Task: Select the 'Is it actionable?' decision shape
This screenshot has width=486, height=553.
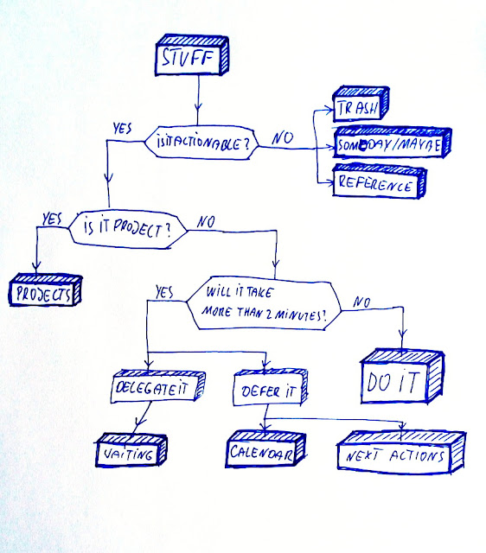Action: [x=204, y=143]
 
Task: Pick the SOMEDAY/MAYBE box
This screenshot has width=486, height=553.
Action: [x=388, y=147]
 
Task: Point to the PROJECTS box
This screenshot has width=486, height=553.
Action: [x=43, y=292]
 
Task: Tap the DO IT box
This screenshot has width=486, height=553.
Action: [x=401, y=378]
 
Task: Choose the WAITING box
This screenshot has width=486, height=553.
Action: [x=128, y=449]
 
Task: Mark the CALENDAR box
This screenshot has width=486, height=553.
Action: [x=265, y=450]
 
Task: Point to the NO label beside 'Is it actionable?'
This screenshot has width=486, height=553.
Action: [x=282, y=136]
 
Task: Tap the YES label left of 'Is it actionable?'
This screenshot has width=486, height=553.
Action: [x=123, y=130]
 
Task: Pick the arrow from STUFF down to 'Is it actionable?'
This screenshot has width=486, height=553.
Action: [x=200, y=99]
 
